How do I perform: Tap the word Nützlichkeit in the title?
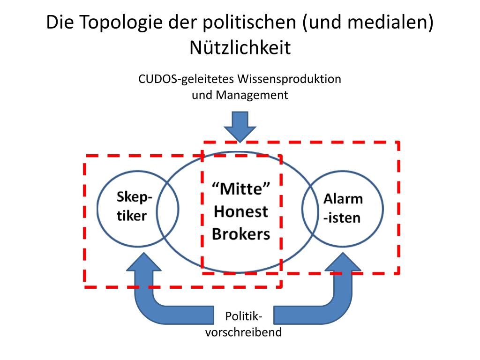[240, 48]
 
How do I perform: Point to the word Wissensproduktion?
[290, 79]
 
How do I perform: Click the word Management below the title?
[252, 95]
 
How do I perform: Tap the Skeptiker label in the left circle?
[134, 207]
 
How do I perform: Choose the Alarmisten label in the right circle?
[343, 208]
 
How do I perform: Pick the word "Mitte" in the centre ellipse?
[241, 189]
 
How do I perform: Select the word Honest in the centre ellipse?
[241, 211]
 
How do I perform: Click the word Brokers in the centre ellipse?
[241, 233]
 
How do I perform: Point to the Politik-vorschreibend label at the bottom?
[243, 325]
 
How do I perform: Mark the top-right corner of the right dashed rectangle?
[398, 142]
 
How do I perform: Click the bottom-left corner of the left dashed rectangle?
[85, 286]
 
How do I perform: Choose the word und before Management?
[202, 95]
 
